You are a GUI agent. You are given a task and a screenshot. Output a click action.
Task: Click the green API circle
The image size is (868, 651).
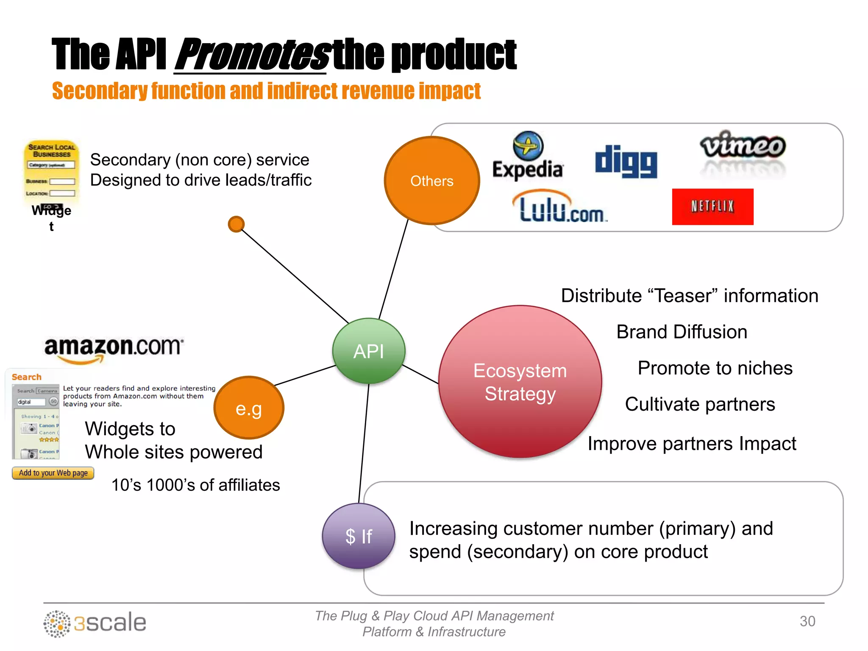369,351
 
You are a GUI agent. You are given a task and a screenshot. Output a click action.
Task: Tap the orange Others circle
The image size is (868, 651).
432,181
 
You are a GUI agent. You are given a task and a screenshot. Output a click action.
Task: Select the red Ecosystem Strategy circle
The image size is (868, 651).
520,381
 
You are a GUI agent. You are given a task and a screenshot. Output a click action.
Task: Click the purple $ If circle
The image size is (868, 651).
359,536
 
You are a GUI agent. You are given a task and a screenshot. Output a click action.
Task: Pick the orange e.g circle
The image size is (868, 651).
249,408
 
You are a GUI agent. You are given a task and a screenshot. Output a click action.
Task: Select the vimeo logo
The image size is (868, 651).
743,146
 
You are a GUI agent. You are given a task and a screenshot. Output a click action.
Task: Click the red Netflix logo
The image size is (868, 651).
712,207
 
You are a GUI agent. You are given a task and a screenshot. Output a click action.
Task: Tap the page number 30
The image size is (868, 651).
807,621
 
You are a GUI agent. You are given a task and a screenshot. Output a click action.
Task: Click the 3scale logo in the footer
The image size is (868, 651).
95,623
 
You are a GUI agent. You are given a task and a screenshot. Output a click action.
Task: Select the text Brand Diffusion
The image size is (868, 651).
682,332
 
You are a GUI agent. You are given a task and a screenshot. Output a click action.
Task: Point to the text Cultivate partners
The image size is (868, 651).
700,404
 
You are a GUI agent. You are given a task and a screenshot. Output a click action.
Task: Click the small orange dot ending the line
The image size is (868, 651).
236,224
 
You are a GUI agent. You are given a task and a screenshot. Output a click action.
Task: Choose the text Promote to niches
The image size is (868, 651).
715,368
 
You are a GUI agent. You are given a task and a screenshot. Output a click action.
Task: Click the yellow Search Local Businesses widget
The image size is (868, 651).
51,172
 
